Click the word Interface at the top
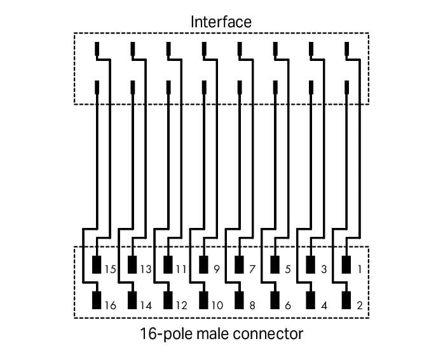221,22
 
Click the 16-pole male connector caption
221,333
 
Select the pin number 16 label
110,305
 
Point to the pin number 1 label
360,269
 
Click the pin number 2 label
360,305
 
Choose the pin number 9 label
217,269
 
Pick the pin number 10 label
216,305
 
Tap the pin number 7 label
252,269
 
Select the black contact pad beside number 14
133,300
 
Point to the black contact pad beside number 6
276,300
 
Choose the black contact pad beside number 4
311,300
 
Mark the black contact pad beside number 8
240,300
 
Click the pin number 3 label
324,269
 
